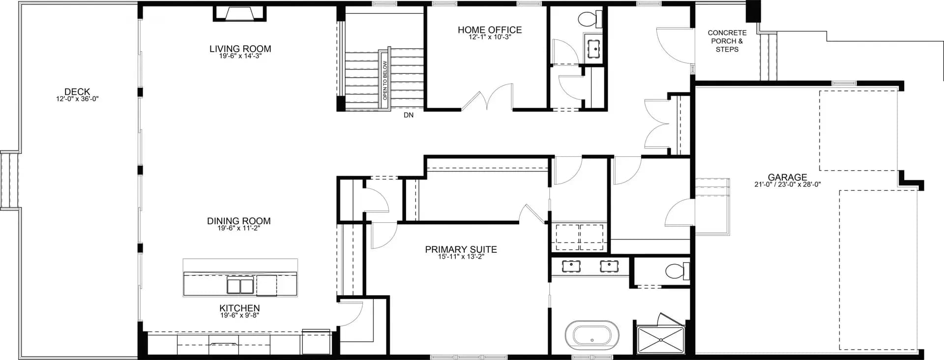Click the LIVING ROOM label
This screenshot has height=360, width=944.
pyautogui.click(x=240, y=49)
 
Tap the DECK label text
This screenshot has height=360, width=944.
pyautogui.click(x=77, y=91)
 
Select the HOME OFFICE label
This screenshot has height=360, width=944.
pyautogui.click(x=490, y=30)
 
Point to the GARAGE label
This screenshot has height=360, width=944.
pyautogui.click(x=787, y=177)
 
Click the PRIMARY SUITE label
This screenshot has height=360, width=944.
pyautogui.click(x=461, y=249)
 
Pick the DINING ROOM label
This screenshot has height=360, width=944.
pyautogui.click(x=238, y=221)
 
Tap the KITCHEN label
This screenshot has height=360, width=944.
pyautogui.click(x=239, y=308)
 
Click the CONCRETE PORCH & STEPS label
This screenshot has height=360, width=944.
pyautogui.click(x=727, y=41)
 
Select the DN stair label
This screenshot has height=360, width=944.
pyautogui.click(x=409, y=115)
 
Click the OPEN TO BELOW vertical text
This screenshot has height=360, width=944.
pyautogui.click(x=385, y=80)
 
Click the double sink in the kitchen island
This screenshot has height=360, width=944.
pyautogui.click(x=240, y=285)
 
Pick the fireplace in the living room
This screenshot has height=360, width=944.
pyautogui.click(x=239, y=13)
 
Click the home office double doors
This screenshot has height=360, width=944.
pyautogui.click(x=487, y=98)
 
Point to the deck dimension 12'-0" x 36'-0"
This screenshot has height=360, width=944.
pyautogui.click(x=77, y=99)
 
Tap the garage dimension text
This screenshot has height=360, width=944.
pyautogui.click(x=787, y=184)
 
